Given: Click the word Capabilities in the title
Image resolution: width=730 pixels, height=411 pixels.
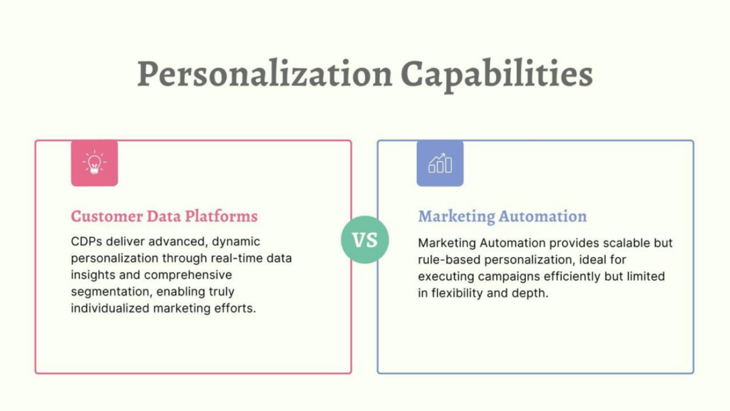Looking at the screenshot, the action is (x=497, y=74).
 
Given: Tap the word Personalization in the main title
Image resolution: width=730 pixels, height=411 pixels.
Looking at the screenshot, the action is (x=265, y=74).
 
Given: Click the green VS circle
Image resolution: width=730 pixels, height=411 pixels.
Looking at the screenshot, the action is (x=365, y=240).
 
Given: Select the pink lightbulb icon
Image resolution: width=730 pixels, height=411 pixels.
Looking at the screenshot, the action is (x=95, y=163).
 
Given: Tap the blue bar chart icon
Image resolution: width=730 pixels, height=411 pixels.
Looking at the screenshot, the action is (x=440, y=163).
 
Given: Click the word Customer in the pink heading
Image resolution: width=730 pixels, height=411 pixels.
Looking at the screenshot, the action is (x=107, y=217).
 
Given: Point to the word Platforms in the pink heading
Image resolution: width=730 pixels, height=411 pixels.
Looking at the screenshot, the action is (x=221, y=217).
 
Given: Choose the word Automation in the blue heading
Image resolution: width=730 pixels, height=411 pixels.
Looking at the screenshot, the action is (x=543, y=217).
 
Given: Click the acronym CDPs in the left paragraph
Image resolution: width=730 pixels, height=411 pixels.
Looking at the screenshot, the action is (x=86, y=241).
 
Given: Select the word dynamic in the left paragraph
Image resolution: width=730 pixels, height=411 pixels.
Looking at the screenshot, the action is (x=236, y=242).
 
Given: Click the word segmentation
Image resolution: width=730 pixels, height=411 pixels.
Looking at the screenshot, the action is (x=110, y=292).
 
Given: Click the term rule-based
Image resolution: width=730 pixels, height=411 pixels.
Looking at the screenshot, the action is (x=449, y=259).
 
